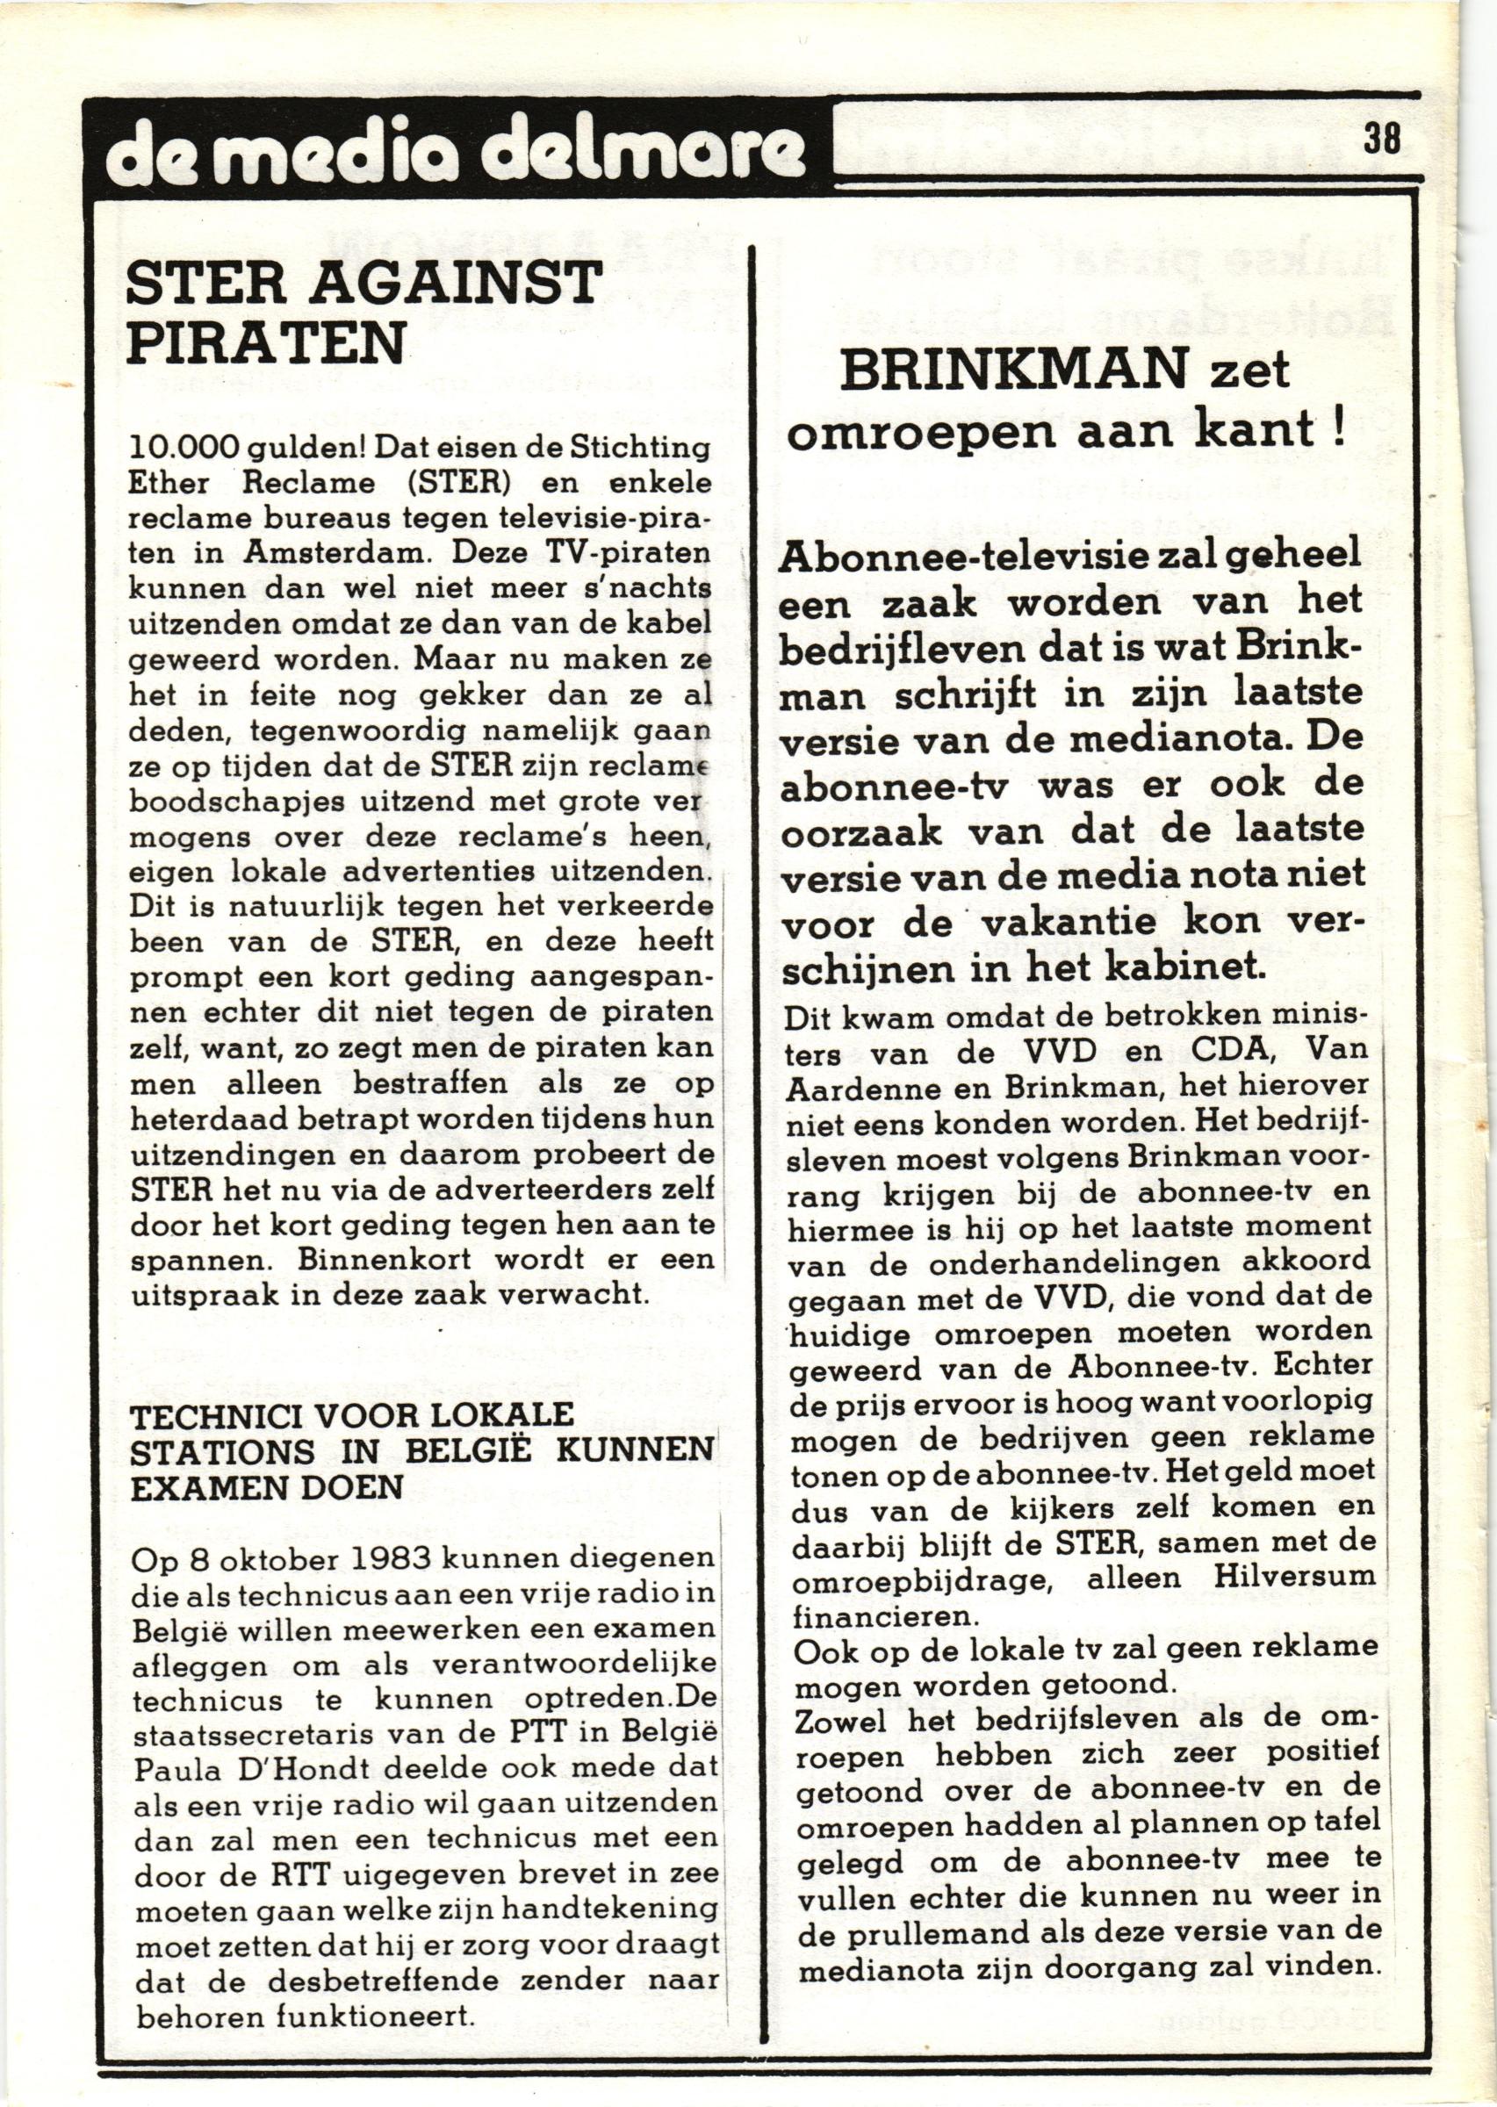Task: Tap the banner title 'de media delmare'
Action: click(x=452, y=151)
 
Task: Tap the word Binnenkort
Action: click(x=363, y=1259)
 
